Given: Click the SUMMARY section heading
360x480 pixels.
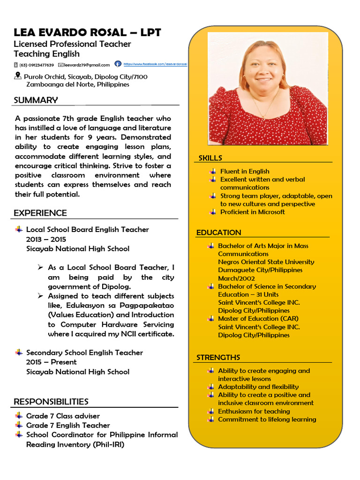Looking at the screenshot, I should click(x=36, y=100).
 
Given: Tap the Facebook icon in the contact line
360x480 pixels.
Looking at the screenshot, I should click(x=118, y=64).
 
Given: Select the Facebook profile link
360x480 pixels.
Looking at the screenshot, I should click(x=155, y=64).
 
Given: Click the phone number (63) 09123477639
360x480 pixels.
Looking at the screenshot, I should click(x=36, y=65).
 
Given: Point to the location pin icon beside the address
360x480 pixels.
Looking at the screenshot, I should click(x=18, y=75).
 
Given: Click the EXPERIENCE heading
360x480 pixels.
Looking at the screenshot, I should click(x=40, y=213).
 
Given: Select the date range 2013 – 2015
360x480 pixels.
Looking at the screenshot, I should click(x=46, y=239).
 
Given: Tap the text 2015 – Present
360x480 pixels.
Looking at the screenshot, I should click(x=51, y=362).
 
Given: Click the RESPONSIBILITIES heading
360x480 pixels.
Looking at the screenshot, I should click(x=51, y=401).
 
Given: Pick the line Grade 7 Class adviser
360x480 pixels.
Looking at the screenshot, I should click(x=63, y=416).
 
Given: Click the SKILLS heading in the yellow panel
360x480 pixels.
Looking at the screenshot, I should click(x=210, y=158).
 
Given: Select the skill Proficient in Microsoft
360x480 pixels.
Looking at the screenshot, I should click(x=252, y=212).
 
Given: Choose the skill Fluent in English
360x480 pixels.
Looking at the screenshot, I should click(x=245, y=172).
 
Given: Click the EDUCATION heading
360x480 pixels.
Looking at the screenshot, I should click(x=218, y=232).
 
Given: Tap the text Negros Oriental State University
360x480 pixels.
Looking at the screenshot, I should click(x=266, y=262).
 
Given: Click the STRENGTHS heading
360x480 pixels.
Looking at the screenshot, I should click(x=218, y=357).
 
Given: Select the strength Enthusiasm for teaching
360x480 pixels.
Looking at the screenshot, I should click(x=254, y=411).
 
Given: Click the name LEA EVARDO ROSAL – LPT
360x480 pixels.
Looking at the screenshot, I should click(x=87, y=32).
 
